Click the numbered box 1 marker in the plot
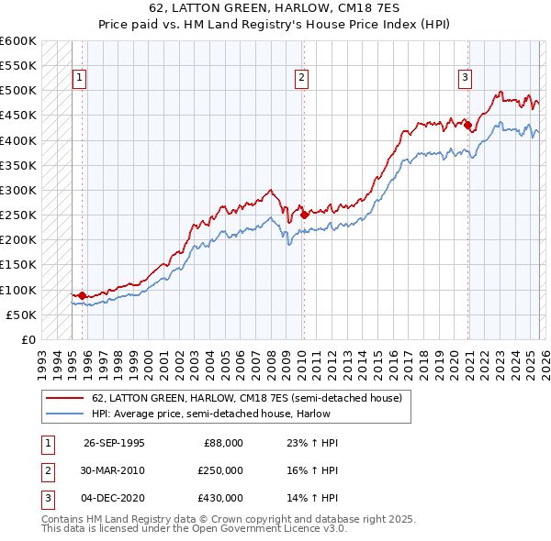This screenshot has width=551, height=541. (x=81, y=79)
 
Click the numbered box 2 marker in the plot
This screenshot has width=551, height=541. (x=301, y=79)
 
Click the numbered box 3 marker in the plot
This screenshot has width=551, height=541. (x=466, y=79)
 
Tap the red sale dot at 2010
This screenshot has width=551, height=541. (x=304, y=215)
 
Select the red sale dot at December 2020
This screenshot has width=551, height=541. (x=467, y=126)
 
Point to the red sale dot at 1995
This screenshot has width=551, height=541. (x=83, y=295)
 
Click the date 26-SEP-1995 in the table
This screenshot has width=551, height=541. (x=114, y=442)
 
